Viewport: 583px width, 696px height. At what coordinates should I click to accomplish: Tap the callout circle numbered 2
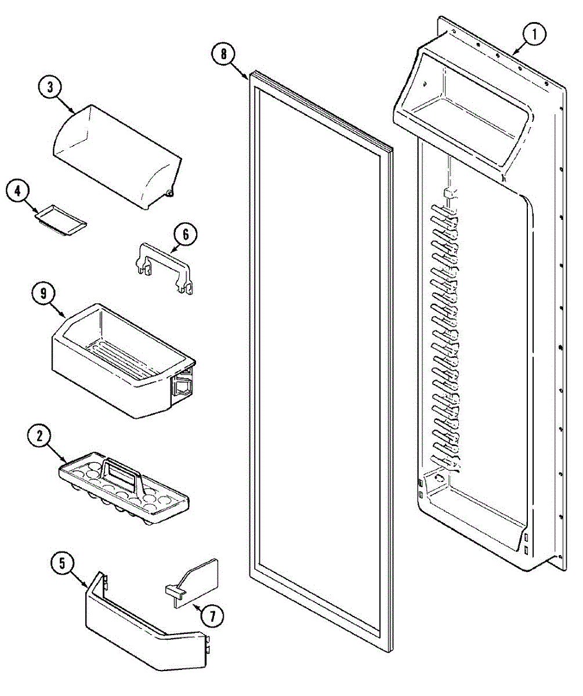coord(40,437)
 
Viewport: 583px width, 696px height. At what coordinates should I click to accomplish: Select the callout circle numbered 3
coord(50,88)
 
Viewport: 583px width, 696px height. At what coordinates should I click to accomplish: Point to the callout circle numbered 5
coord(63,562)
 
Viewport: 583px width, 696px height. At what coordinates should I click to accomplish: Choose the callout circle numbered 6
coord(185,235)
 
